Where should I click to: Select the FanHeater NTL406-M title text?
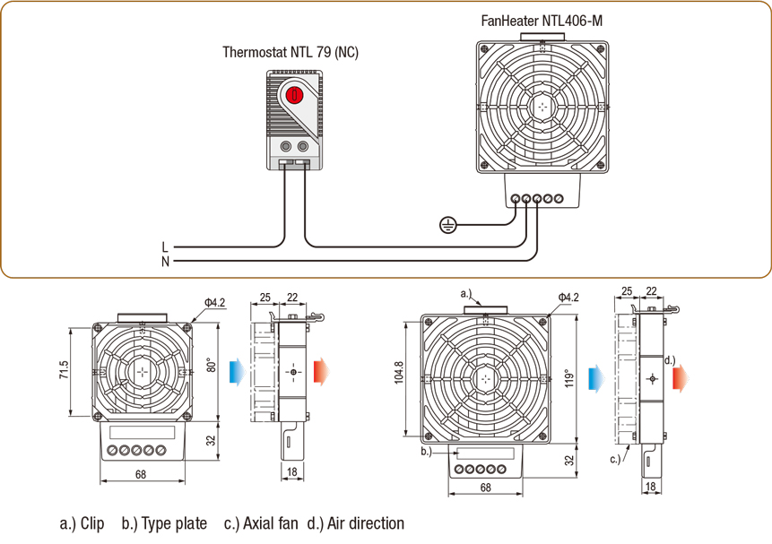click(x=541, y=22)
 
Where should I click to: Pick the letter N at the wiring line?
click(x=165, y=262)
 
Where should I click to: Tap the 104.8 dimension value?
click(x=399, y=378)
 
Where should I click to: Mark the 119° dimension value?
click(x=568, y=377)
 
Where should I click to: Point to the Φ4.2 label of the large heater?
click(x=568, y=297)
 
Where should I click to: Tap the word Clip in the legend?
click(x=92, y=523)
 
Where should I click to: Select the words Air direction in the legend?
click(x=366, y=523)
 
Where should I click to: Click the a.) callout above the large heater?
click(x=465, y=292)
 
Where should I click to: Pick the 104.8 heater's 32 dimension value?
click(x=568, y=460)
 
